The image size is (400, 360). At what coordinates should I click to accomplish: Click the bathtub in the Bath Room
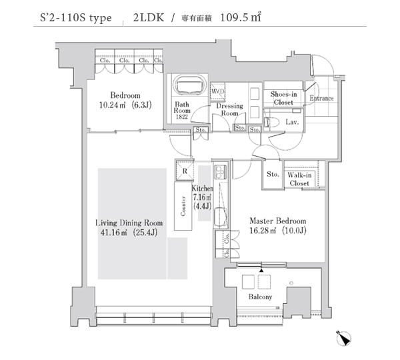coord(189,85)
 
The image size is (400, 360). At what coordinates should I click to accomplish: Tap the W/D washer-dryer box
coord(217,91)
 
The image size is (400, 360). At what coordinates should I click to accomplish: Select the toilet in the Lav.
coord(271,122)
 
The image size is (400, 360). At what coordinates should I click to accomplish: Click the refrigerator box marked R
coord(185,171)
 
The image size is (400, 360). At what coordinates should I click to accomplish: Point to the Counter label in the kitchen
coord(183,206)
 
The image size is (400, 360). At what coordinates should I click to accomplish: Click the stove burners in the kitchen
coord(220,172)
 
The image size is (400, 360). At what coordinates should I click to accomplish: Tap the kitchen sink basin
coord(221,217)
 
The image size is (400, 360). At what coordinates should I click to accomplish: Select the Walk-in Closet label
coord(299,179)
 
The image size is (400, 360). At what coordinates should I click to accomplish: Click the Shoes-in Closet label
coord(284,98)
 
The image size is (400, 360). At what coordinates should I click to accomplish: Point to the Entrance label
coord(321,98)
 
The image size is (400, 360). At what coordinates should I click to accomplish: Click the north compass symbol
coord(343,339)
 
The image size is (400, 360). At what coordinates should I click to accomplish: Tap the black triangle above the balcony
coord(261,270)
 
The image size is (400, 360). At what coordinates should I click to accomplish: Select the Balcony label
coord(260,297)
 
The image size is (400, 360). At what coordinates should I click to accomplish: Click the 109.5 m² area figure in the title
coord(240,17)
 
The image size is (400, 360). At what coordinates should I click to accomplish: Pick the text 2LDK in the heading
coord(148,17)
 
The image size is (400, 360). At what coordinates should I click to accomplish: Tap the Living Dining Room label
coord(129,223)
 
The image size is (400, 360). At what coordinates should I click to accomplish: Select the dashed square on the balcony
coord(264,282)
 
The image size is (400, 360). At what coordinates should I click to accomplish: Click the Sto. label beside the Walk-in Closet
coord(273,174)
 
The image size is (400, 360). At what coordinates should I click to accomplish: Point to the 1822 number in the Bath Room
coord(181,117)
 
